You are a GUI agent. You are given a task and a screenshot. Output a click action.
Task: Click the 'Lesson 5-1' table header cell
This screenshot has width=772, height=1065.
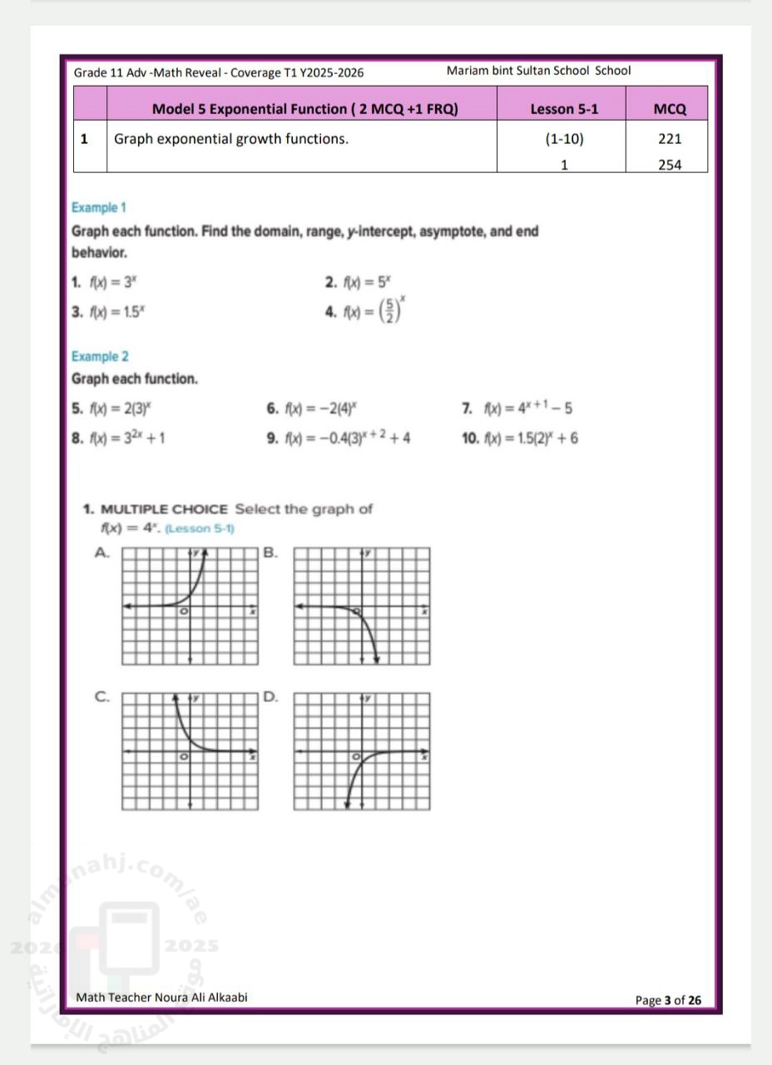pos(564,109)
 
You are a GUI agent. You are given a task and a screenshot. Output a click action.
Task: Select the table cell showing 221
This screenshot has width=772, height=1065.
pos(669,139)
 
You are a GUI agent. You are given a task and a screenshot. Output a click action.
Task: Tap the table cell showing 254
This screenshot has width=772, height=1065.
pos(669,165)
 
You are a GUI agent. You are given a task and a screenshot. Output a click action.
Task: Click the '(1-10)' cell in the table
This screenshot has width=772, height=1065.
pos(564,139)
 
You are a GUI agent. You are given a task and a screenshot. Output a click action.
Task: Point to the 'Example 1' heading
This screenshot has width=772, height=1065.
pos(98,207)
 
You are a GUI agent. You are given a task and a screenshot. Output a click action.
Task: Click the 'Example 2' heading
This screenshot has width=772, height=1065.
pos(100,356)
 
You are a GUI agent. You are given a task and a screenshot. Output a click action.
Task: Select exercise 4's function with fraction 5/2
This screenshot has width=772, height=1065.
pos(375,312)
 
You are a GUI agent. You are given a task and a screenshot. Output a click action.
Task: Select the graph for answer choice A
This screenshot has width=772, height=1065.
pos(191,606)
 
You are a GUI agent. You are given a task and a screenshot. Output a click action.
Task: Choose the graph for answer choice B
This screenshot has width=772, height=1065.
pos(364,606)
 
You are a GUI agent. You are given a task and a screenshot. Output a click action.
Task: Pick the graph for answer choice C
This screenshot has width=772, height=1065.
pos(191,751)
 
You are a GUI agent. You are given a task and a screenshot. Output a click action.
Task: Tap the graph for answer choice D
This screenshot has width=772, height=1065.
pos(364,751)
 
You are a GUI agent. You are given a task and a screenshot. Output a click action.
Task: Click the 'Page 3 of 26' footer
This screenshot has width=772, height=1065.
pos(668,1000)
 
